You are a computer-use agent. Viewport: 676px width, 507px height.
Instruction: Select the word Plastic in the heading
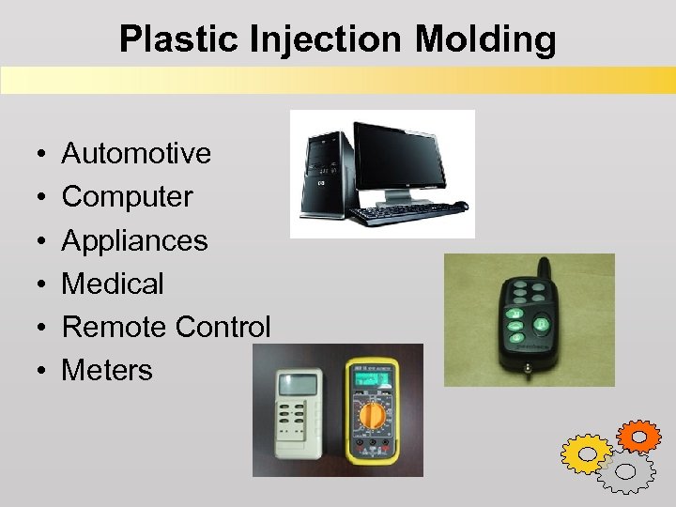click(x=177, y=39)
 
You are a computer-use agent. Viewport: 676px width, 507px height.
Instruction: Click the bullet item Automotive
click(x=136, y=153)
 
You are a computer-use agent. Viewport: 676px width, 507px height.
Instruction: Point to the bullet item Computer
click(x=127, y=196)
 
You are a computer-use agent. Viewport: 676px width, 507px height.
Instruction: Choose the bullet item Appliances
click(x=134, y=240)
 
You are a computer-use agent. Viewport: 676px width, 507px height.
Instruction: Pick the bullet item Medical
click(x=113, y=284)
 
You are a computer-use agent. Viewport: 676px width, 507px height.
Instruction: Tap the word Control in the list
click(x=224, y=327)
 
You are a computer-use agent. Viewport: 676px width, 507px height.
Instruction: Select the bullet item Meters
click(x=106, y=370)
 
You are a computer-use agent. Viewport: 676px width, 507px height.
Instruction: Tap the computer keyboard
click(x=404, y=213)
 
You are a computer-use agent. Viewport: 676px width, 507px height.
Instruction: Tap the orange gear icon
click(x=639, y=436)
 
